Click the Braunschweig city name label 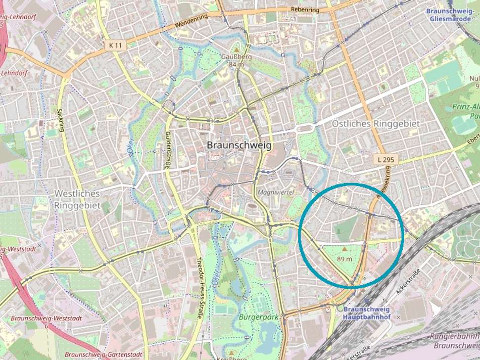pos(239,145)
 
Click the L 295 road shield pos(386,160)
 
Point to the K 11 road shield pos(115,45)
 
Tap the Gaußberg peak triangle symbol pos(236,50)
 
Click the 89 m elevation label pos(344,259)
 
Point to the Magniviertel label pos(275,193)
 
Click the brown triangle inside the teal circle pos(345,249)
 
